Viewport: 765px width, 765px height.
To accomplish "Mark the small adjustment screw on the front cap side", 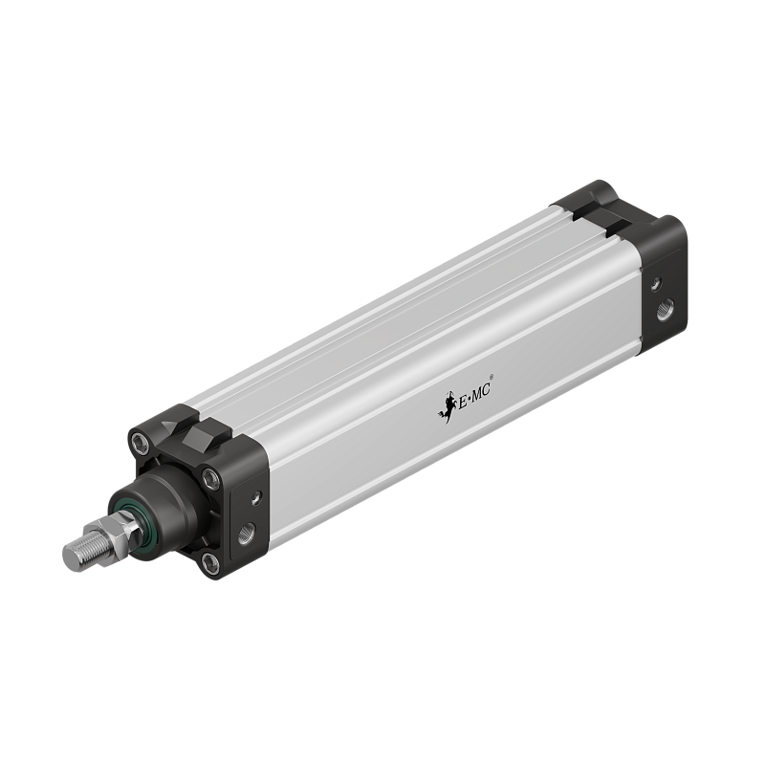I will coord(255,496).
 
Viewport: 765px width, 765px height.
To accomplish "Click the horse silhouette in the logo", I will coord(445,408).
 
